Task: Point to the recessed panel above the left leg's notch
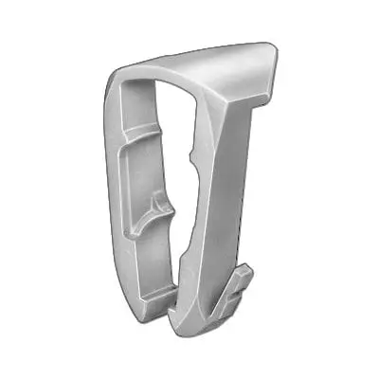pyautogui.click(x=147, y=166)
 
